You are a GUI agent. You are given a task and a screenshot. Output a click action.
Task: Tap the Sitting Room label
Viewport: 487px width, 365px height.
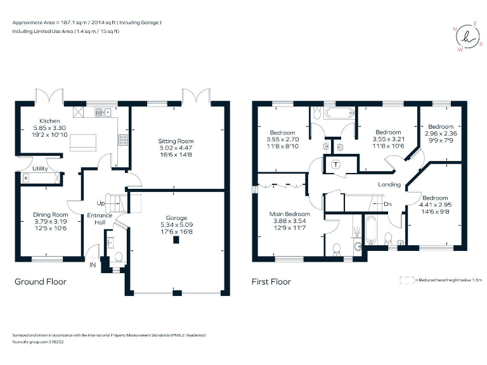point(176,141)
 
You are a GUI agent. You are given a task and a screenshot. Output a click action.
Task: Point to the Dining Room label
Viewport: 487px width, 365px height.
point(49,215)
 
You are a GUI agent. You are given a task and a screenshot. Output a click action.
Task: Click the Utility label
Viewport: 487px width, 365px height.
point(31,168)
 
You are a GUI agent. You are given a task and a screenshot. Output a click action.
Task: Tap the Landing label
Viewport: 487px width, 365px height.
point(389,184)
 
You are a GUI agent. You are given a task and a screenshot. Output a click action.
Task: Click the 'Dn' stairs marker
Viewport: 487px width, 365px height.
point(387,204)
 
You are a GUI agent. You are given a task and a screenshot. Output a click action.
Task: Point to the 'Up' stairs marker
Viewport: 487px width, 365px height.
point(100,203)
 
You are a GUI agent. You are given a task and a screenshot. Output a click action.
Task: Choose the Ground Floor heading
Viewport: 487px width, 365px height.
point(40,281)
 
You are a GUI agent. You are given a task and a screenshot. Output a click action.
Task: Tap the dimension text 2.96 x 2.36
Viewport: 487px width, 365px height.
point(440,134)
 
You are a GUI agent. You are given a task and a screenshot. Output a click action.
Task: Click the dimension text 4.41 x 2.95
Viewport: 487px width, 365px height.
point(434,204)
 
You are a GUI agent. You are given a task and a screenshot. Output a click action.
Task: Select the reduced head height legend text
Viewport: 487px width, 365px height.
point(450,279)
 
